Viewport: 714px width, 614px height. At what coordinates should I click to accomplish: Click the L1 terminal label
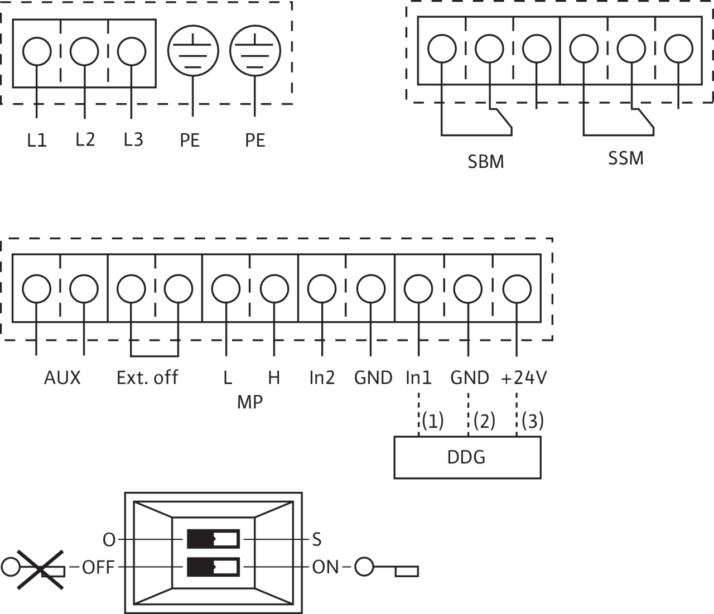37,139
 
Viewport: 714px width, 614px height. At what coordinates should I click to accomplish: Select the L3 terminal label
133,139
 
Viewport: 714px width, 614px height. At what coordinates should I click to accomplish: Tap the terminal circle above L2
84,51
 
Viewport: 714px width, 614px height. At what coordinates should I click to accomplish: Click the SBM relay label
485,162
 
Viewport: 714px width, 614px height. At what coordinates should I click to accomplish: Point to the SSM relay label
625,158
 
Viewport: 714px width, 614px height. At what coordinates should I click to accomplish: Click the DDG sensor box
467,457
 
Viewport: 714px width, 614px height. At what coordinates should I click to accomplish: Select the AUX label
62,378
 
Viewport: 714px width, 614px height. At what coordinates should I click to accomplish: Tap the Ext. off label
147,378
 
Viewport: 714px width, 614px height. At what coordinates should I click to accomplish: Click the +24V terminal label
524,378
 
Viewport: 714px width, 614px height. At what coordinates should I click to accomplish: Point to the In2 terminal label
322,378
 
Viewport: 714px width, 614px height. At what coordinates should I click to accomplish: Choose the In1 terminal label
418,378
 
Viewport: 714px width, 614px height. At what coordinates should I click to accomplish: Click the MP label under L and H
249,402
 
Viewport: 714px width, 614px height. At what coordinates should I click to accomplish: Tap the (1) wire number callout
432,421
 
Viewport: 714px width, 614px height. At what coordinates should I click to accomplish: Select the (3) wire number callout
532,421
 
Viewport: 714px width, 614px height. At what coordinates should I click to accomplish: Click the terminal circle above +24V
517,288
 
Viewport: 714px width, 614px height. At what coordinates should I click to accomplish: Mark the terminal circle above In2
322,288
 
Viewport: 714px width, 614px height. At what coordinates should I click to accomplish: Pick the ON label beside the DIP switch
325,568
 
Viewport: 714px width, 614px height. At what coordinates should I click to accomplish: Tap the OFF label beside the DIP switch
98,568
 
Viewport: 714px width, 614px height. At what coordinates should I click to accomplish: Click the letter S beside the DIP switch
316,539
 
